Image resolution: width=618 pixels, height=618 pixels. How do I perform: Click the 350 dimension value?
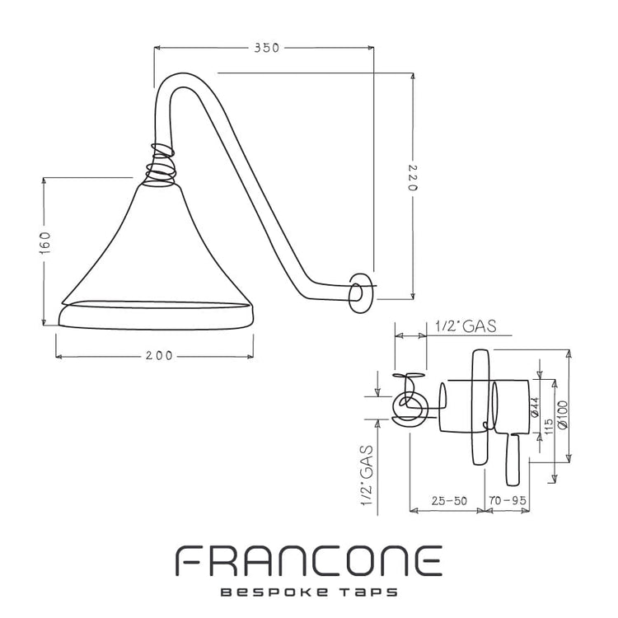[266, 48]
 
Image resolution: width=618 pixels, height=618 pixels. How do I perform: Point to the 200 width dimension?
[159, 356]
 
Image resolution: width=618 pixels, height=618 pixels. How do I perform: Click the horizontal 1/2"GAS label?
[466, 327]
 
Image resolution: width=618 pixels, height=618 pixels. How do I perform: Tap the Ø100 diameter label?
[562, 414]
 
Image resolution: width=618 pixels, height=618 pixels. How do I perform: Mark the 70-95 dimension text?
[507, 500]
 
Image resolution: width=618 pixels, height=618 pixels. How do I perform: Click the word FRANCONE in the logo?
[309, 561]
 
